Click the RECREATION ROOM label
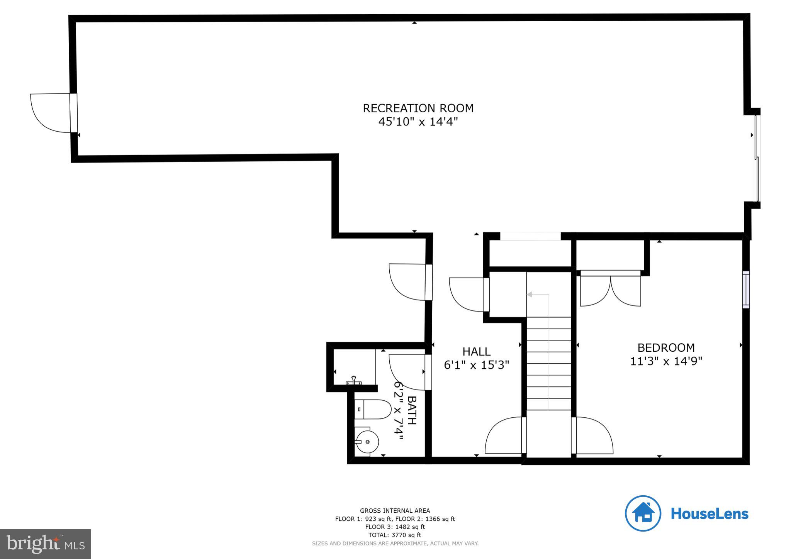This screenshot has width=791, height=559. [x=418, y=108]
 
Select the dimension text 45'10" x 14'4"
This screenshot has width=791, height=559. [x=418, y=122]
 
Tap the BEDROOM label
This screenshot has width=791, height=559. [x=666, y=348]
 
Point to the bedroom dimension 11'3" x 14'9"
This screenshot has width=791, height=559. [x=666, y=361]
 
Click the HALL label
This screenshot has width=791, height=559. [x=477, y=352]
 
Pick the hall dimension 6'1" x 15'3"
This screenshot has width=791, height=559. [x=477, y=365]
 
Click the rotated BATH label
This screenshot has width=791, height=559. [x=412, y=410]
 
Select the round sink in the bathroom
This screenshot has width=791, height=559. [x=367, y=442]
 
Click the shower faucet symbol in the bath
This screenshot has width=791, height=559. [x=354, y=381]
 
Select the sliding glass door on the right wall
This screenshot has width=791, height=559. [x=757, y=158]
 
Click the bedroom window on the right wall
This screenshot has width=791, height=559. [x=746, y=290]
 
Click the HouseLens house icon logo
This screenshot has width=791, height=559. [x=643, y=513]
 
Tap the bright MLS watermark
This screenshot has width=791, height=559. [x=46, y=544]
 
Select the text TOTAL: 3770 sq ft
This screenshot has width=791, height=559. [x=395, y=535]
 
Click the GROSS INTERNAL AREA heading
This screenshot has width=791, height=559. [x=395, y=511]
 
